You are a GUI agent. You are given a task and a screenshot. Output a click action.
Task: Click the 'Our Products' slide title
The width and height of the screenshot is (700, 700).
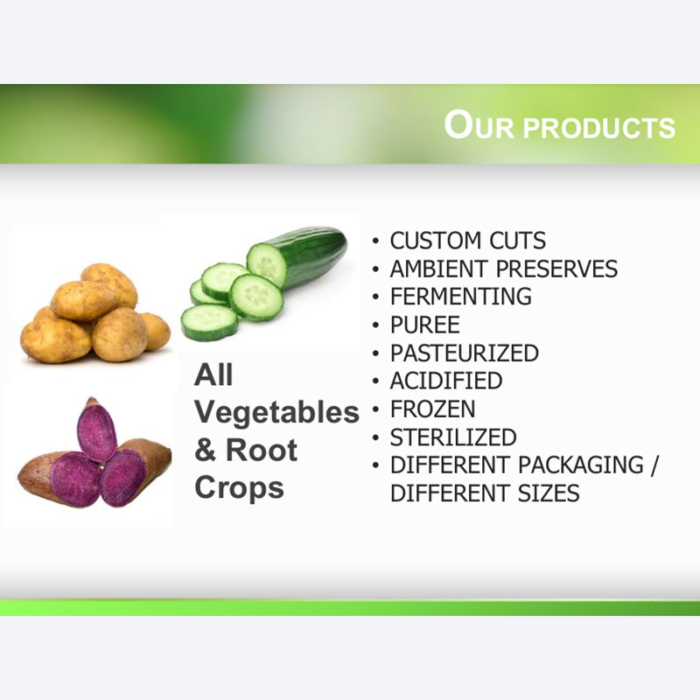coord(559,125)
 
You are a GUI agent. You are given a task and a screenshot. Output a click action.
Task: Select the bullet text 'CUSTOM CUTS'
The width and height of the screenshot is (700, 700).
coord(468,241)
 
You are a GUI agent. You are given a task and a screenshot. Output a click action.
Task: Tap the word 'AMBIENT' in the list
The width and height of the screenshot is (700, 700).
coord(439,269)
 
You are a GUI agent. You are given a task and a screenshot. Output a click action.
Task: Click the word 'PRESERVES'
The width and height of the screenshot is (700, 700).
coord(556,269)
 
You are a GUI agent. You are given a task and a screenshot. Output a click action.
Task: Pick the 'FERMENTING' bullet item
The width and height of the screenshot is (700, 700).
coord(461,297)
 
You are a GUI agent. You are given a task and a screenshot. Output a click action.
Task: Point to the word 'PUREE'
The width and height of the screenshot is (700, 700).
coord(425,325)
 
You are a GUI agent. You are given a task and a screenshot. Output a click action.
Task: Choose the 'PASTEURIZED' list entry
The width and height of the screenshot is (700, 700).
coord(465,353)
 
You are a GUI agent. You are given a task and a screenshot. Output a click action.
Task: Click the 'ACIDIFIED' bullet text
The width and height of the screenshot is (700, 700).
coord(446,381)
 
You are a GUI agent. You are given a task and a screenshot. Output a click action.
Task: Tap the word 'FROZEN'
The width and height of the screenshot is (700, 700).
coord(432,409)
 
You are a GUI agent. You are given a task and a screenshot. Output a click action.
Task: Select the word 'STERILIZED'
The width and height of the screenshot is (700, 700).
coord(453,437)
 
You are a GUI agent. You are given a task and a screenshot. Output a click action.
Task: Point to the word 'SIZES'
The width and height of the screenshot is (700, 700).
coord(549,493)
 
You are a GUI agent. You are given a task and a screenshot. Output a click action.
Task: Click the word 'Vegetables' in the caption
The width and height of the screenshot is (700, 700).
coord(276,413)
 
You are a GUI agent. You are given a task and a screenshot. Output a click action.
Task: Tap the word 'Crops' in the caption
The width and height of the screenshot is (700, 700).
coord(239,488)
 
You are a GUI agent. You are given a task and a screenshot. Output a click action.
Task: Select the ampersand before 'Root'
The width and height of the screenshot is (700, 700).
coord(206,450)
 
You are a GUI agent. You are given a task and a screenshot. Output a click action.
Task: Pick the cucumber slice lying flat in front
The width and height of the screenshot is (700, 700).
coord(209,321)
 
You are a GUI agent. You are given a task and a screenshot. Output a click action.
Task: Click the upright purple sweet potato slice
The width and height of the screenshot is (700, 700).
coord(96,429)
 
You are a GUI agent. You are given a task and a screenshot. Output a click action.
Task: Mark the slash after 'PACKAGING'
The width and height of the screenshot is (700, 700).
coord(654,465)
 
